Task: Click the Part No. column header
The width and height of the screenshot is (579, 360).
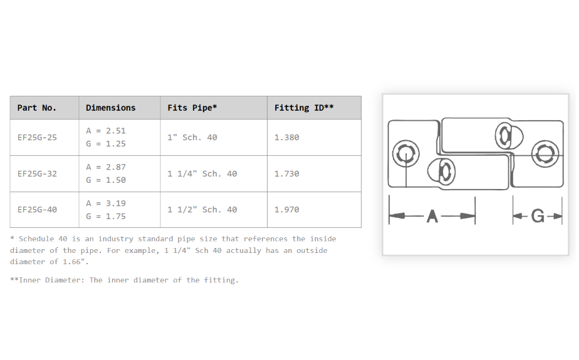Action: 36,108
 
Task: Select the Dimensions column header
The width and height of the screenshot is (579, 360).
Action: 111,108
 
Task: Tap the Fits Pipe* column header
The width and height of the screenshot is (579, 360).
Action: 192,108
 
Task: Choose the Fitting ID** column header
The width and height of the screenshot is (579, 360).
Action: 304,108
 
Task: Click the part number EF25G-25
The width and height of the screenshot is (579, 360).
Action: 37,138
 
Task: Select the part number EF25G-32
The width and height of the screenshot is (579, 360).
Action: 37,173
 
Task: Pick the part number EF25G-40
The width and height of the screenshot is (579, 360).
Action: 37,210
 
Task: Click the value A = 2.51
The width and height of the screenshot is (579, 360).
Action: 106,131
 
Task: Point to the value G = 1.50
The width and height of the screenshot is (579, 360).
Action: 106,180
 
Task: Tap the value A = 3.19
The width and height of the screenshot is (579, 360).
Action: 106,203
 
